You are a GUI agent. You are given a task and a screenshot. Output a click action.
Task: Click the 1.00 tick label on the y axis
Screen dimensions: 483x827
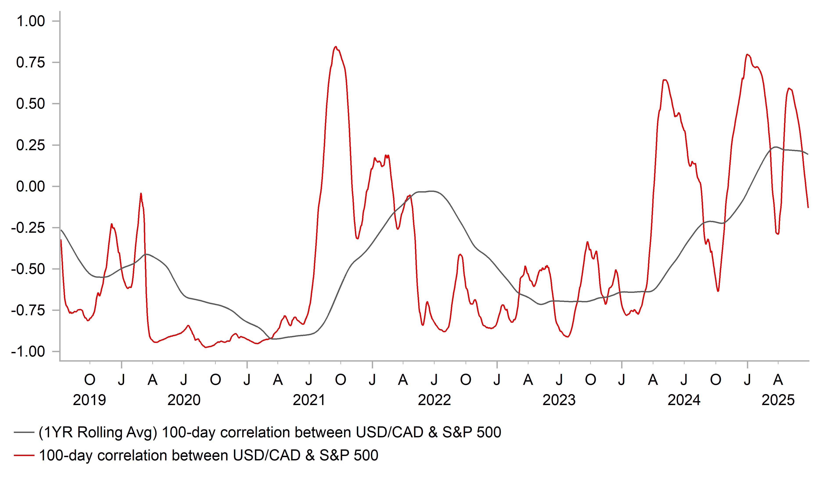[x=31, y=21]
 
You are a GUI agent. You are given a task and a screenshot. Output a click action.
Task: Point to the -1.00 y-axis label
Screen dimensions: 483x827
[x=28, y=352]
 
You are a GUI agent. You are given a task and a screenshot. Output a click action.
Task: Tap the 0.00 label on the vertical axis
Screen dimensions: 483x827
[x=31, y=186]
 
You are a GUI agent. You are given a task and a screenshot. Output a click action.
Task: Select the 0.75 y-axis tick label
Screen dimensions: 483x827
[x=31, y=62]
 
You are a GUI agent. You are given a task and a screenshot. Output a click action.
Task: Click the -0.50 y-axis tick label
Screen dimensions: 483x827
[x=28, y=269]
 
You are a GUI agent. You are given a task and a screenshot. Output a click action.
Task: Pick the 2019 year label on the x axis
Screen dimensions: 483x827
[x=89, y=400]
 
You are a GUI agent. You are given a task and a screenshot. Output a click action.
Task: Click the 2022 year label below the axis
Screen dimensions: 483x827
[x=434, y=400]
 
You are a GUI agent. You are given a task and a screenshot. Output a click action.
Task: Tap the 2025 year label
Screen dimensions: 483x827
[x=778, y=400]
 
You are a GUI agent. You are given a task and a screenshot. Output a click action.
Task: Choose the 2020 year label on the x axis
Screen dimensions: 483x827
[x=184, y=400]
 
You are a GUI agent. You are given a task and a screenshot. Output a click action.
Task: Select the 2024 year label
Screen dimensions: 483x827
[x=684, y=400]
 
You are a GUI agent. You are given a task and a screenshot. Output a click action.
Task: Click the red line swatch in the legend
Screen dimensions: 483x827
[x=24, y=455]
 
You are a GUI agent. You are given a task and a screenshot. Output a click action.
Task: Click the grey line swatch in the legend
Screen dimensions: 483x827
[x=24, y=433]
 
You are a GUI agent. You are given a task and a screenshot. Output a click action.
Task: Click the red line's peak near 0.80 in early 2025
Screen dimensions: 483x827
[x=747, y=54]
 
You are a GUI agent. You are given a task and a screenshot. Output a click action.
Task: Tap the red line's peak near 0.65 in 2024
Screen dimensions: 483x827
[x=665, y=80]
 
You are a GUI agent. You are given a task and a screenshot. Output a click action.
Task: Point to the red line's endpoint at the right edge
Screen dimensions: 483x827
[x=808, y=207]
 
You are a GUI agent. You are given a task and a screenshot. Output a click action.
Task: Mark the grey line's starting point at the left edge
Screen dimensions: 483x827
[x=61, y=230]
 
